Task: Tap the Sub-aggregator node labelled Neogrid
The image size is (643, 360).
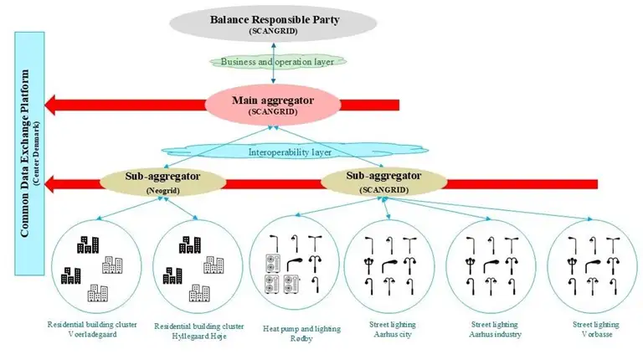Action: click(152, 182)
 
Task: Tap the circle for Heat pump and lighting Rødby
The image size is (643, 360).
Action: click(295, 262)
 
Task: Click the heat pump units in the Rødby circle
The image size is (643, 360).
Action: click(277, 273)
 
